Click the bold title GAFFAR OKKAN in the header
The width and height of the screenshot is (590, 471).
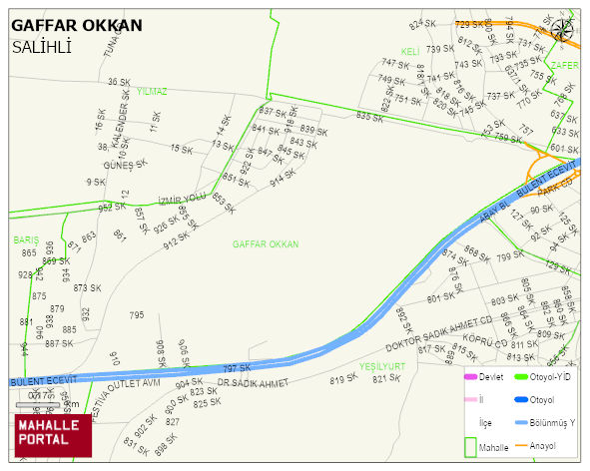tap(77, 25)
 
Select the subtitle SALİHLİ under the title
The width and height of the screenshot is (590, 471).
tap(42, 46)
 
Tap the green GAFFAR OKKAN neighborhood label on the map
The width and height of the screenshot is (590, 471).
tap(266, 243)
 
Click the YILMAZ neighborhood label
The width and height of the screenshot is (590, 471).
tap(153, 91)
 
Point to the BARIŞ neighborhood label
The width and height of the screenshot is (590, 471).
tap(25, 239)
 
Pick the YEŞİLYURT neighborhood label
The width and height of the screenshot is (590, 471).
tap(382, 366)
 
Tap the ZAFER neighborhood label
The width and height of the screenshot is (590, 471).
tap(564, 65)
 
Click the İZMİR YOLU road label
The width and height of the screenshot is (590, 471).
tap(182, 198)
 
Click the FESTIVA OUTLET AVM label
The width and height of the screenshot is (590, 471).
tap(126, 384)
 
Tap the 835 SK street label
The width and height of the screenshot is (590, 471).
tap(369, 117)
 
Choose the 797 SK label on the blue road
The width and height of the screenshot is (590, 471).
tap(237, 368)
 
